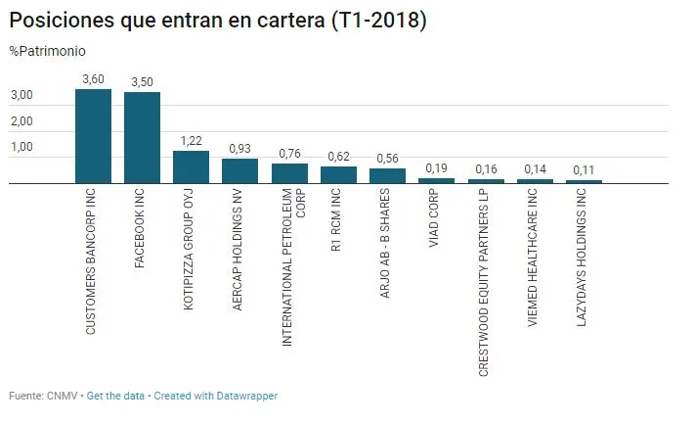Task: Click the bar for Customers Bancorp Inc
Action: click(x=93, y=136)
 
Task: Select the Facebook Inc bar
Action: click(x=142, y=137)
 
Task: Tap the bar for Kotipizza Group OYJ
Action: click(x=191, y=166)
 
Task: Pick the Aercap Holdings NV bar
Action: click(x=239, y=170)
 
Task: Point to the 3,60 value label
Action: click(x=93, y=78)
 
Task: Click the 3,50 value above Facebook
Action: click(x=142, y=81)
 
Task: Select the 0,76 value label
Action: click(x=289, y=153)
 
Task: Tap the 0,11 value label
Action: click(x=584, y=169)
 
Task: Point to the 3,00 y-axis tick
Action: click(x=22, y=96)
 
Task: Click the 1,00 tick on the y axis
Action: click(x=22, y=148)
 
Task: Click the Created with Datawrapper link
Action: click(x=215, y=396)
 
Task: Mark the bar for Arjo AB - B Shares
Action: click(x=387, y=175)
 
